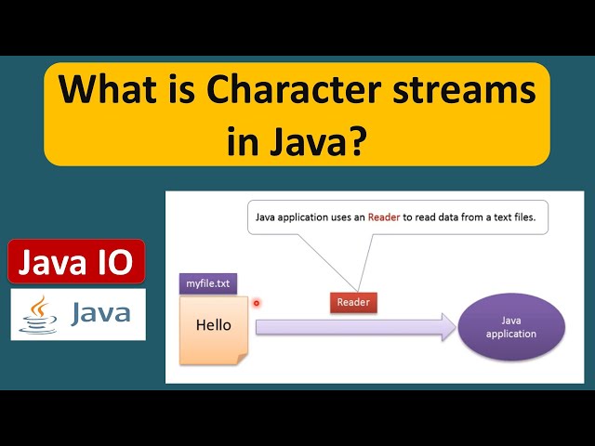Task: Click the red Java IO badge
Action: (x=77, y=262)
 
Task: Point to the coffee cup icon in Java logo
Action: (x=38, y=314)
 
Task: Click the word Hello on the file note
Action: (x=213, y=325)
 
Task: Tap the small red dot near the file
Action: (x=256, y=302)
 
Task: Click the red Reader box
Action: (x=353, y=302)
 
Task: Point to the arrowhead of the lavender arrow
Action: (x=445, y=326)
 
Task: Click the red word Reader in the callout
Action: (x=384, y=218)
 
